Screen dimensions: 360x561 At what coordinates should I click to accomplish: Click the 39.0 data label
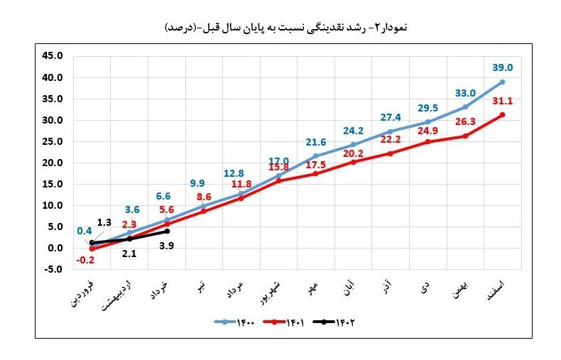502,67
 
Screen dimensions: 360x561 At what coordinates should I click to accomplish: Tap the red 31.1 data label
502,101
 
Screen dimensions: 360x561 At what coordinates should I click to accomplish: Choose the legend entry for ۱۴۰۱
288,322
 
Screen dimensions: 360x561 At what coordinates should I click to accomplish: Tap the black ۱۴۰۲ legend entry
337,322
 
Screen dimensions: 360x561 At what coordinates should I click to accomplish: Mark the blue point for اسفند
502,82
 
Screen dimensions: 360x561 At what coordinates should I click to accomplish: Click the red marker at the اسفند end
502,115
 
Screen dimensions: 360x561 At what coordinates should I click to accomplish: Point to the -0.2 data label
85,260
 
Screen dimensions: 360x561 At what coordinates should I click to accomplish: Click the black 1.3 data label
104,223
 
